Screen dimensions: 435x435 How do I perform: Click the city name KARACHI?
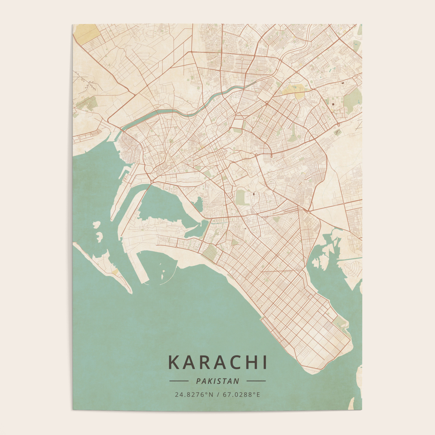pyautogui.click(x=217, y=362)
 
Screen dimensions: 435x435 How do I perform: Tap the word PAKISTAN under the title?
pyautogui.click(x=218, y=381)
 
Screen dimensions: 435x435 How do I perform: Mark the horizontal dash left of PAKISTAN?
pyautogui.click(x=179, y=381)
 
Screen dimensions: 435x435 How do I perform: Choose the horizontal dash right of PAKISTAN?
pyautogui.click(x=256, y=381)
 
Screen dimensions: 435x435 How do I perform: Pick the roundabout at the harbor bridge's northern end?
pyautogui.click(x=152, y=182)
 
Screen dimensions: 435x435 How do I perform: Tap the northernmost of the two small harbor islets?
pyautogui.click(x=97, y=224)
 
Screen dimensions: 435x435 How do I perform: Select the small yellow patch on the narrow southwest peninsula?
pyautogui.click(x=115, y=272)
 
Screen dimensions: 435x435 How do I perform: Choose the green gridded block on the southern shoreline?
pyautogui.click(x=210, y=251)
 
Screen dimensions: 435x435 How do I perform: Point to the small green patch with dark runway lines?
pyautogui.click(x=337, y=133)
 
